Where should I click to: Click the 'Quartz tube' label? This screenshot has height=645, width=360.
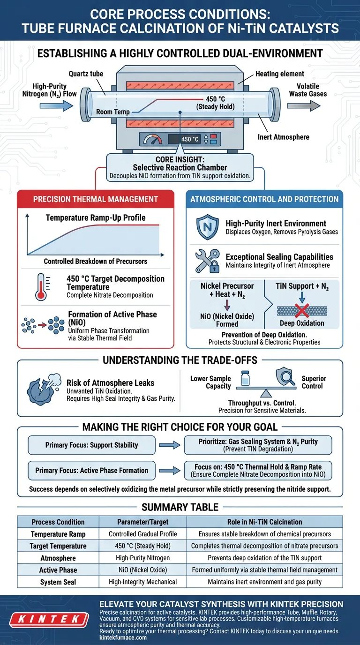[x=86, y=74]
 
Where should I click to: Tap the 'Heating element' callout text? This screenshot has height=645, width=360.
[x=280, y=74]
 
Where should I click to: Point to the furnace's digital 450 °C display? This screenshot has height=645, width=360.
[x=190, y=139]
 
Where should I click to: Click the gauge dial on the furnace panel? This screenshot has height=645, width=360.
[x=152, y=139]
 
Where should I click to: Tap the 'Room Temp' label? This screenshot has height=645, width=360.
[x=113, y=112]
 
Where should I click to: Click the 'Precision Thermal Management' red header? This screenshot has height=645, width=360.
[x=95, y=199]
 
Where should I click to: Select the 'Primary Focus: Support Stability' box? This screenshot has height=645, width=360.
[x=91, y=445]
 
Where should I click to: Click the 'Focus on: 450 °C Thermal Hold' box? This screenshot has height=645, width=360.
[x=257, y=471]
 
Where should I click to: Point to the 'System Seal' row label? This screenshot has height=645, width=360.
[x=58, y=582]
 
